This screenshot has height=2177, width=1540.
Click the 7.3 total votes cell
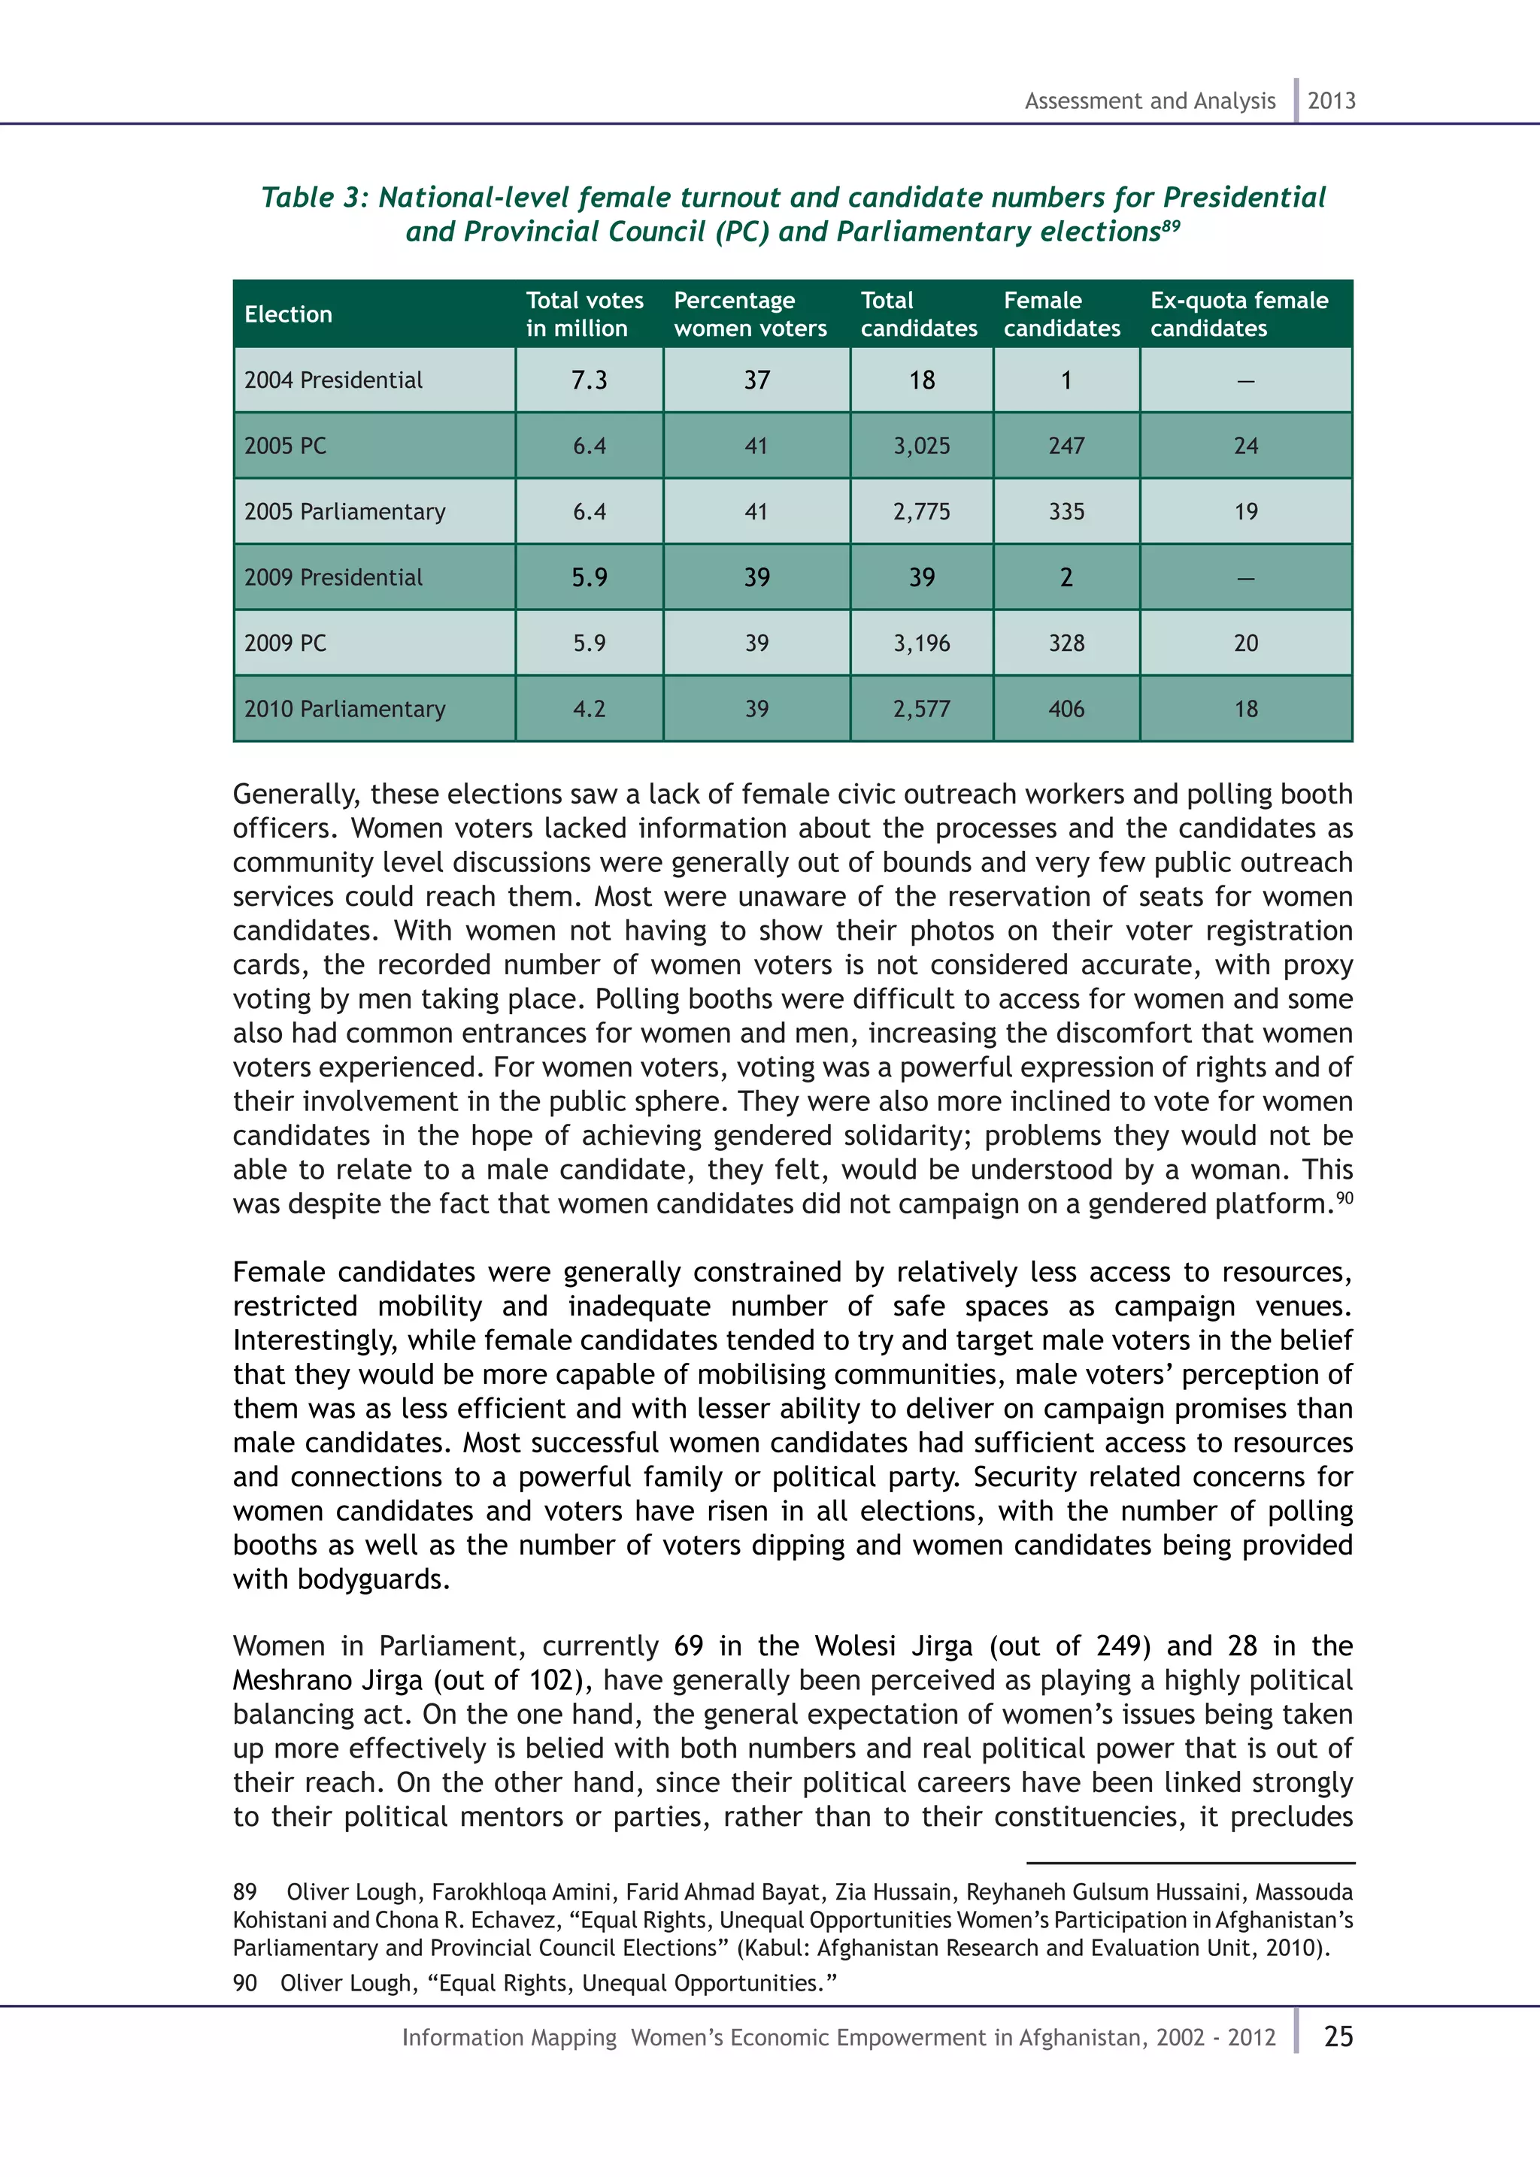[589, 380]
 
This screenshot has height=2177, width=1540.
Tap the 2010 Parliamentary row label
[344, 709]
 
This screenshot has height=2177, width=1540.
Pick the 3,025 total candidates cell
[921, 446]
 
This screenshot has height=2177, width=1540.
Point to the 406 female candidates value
[1066, 709]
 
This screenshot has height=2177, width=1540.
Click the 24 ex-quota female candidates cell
[1245, 446]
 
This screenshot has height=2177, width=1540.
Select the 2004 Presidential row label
[333, 380]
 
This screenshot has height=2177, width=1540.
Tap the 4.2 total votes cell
[589, 709]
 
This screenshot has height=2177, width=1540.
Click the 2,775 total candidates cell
[921, 512]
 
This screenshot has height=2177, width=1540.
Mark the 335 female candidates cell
[1066, 512]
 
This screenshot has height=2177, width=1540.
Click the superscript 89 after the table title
[1171, 225]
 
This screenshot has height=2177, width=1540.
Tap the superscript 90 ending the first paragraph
[1344, 1198]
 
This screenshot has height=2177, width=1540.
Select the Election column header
[288, 315]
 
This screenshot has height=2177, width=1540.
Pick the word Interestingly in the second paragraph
[313, 1341]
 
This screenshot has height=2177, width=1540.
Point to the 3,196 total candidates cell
[921, 643]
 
